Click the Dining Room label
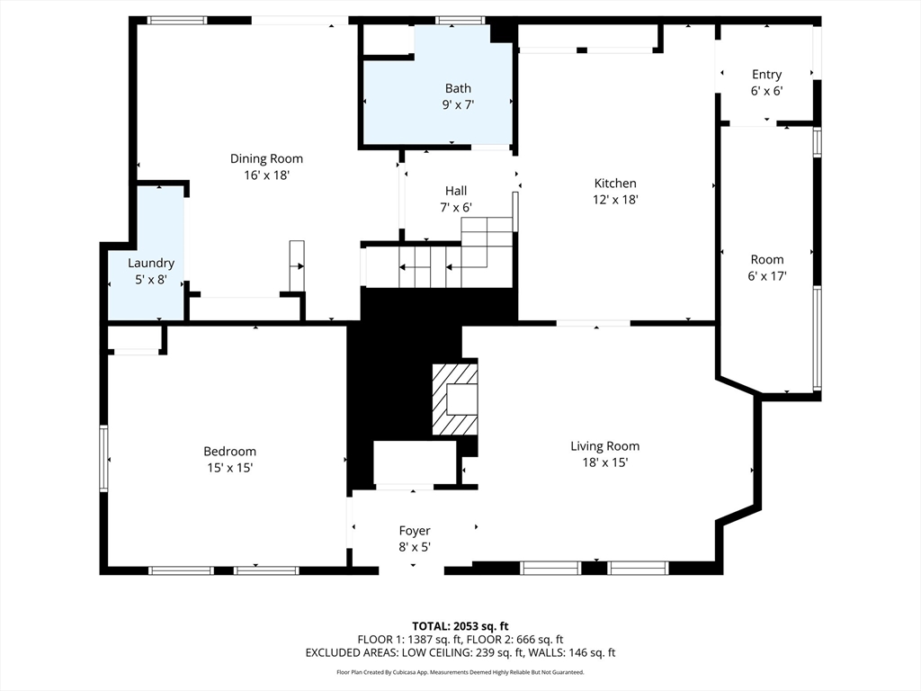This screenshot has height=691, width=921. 266,159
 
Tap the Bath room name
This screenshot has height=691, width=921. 458,88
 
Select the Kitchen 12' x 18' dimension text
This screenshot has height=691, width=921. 615,201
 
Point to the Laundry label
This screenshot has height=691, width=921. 150,264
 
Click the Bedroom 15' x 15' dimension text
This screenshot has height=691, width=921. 229,468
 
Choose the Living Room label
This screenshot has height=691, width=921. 604,446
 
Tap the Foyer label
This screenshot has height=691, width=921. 415,531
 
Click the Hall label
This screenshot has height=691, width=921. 456,191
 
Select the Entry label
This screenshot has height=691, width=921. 766,75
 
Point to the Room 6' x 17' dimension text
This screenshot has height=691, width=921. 767,276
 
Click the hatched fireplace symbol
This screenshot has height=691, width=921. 454,399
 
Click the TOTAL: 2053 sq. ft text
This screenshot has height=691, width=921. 460,625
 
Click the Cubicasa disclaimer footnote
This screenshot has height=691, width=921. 460,672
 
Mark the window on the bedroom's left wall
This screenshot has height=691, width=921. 103,459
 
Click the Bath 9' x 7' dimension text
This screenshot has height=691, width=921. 458,105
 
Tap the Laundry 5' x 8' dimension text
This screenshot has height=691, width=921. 150,280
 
